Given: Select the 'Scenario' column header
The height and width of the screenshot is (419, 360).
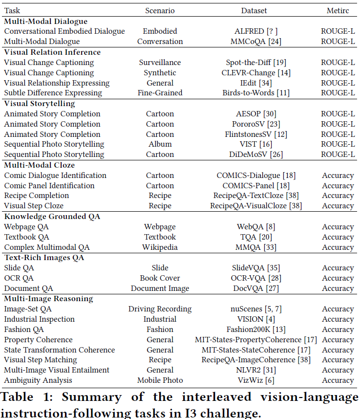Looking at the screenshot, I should click(160, 10).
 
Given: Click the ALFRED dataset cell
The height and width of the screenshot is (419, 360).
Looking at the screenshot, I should click(256, 31).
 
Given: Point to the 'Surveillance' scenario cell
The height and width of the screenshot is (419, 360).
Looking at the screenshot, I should click(160, 63).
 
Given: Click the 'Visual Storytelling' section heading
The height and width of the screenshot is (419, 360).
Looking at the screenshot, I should click(40, 104).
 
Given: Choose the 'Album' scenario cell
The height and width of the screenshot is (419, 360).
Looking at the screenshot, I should click(160, 144).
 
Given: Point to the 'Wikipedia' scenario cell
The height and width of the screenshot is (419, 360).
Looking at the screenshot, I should click(160, 247).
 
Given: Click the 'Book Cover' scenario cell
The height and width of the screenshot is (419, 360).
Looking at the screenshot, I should click(160, 278).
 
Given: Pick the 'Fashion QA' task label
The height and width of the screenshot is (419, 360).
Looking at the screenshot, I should click(24, 330).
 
